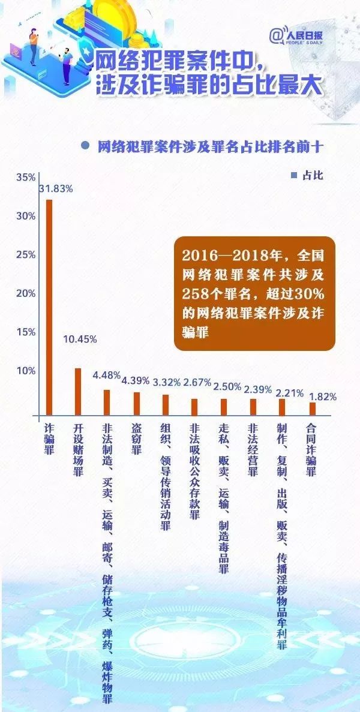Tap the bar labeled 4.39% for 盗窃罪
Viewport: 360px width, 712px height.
coord(136,403)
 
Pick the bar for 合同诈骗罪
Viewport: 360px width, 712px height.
coord(312,408)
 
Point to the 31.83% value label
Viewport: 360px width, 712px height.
coord(56,188)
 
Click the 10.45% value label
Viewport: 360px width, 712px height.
coord(80,339)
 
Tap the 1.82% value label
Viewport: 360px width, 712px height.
coord(322,396)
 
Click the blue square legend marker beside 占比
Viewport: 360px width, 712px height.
coord(293,176)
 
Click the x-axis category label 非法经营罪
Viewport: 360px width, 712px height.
coord(253,450)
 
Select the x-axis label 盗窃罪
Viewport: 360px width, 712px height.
coord(136,441)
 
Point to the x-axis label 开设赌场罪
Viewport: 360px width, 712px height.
coord(77,450)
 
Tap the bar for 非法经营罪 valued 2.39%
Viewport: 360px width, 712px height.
coord(253,407)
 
